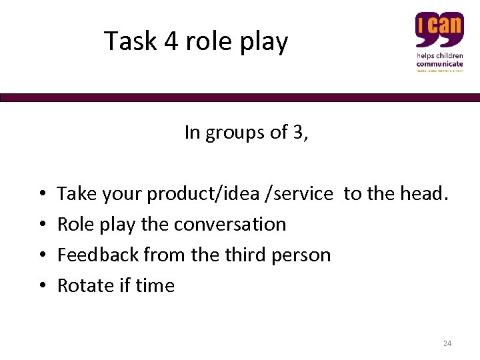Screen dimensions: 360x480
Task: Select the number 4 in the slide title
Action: [172, 41]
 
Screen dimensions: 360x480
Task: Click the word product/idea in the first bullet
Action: [203, 194]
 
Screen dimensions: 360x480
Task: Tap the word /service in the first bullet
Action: [300, 194]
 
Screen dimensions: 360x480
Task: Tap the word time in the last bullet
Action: [155, 285]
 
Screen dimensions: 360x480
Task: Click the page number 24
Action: [447, 343]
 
